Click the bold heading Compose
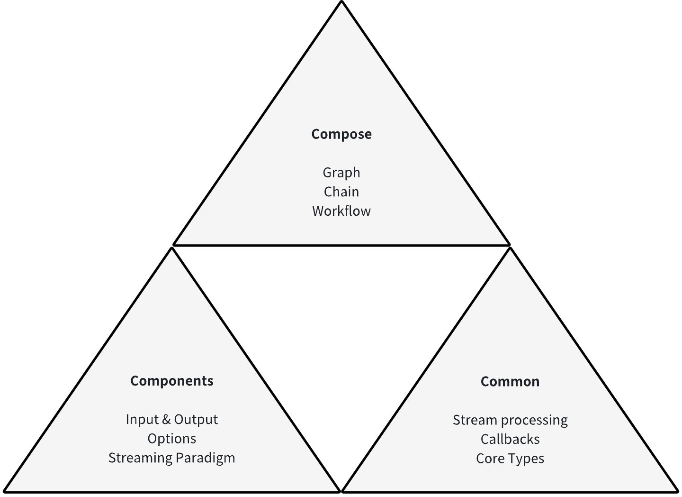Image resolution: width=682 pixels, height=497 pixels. point(341,134)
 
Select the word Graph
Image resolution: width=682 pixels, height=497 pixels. point(341,173)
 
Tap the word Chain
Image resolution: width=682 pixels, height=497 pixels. point(341,192)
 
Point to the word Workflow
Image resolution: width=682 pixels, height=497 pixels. point(341,211)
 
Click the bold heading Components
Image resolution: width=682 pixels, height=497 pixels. point(171,381)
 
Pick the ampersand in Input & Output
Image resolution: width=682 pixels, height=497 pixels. point(166,420)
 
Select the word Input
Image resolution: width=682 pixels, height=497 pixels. point(142,420)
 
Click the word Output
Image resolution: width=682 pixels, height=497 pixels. point(196,420)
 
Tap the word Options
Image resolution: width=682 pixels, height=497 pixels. point(171,439)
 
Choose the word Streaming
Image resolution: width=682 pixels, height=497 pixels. point(140,458)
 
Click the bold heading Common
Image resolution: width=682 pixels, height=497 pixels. point(510,382)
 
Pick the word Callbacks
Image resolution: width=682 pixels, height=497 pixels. point(510,440)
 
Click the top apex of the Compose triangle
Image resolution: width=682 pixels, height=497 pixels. point(341,2)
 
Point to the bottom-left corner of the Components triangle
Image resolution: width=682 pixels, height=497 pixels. point(5,490)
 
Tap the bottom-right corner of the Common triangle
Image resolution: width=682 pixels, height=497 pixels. point(677,490)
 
